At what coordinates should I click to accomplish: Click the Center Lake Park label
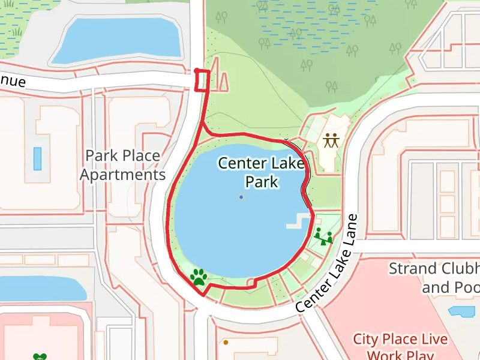coord(262,172)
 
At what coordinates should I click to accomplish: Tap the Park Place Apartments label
coord(122,165)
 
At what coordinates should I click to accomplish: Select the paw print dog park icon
coord(199,277)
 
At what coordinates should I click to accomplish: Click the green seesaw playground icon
coord(323,236)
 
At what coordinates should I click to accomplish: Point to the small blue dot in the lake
coord(241,197)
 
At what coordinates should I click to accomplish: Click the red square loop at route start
coord(203,80)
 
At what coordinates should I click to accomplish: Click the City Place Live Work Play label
coord(400,347)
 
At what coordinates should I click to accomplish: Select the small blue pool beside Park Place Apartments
coord(38,158)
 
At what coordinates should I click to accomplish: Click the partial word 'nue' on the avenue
coord(12,80)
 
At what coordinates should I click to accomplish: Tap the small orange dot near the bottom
coord(226,343)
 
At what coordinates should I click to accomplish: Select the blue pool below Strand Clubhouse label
coord(461,311)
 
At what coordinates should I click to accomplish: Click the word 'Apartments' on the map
coord(122,175)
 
